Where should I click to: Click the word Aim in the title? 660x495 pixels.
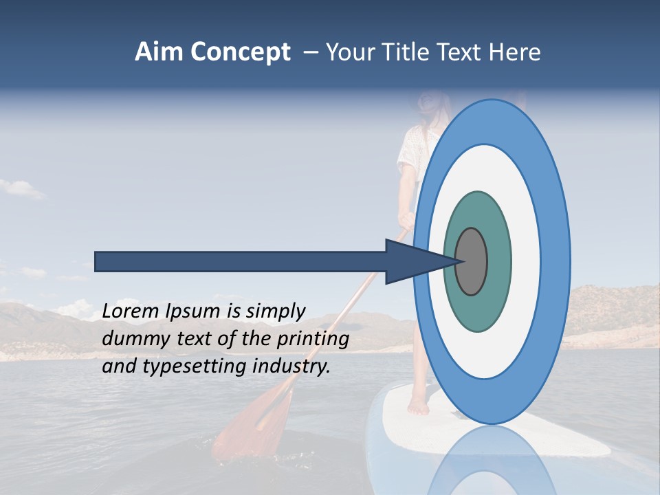159,52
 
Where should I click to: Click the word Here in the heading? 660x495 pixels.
514,52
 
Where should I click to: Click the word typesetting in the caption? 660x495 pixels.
191,366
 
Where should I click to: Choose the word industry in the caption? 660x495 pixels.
291,366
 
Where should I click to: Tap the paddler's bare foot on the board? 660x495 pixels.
418,406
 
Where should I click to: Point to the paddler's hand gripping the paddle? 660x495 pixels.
407,221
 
